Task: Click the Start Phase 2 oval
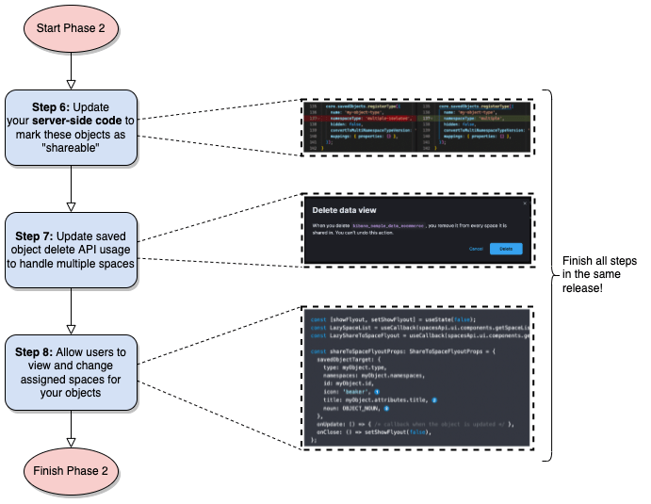pyautogui.click(x=71, y=28)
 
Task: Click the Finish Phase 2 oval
pyautogui.click(x=71, y=471)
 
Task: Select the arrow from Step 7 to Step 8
pyautogui.click(x=71, y=308)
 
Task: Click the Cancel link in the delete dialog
pyautogui.click(x=476, y=248)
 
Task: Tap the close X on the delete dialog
pyautogui.click(x=525, y=203)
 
